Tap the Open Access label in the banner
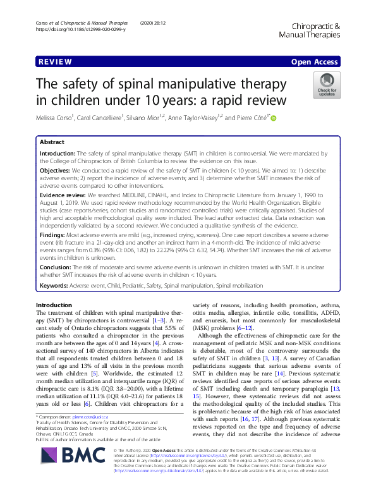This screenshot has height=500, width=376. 314,63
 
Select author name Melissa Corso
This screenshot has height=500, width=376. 58,118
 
